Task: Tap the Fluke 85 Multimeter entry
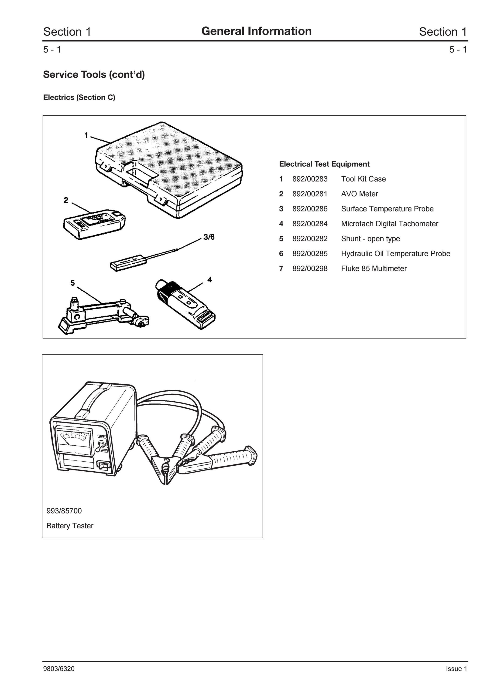(x=374, y=268)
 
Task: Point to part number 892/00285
(x=310, y=254)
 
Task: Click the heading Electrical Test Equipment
(x=324, y=164)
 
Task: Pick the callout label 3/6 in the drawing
(x=209, y=237)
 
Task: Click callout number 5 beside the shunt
(x=72, y=283)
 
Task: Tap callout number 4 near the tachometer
(x=210, y=279)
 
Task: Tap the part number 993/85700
(x=64, y=511)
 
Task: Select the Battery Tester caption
(x=70, y=526)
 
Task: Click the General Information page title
(x=256, y=31)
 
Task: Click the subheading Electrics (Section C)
(x=79, y=97)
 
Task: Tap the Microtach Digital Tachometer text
(x=390, y=224)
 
